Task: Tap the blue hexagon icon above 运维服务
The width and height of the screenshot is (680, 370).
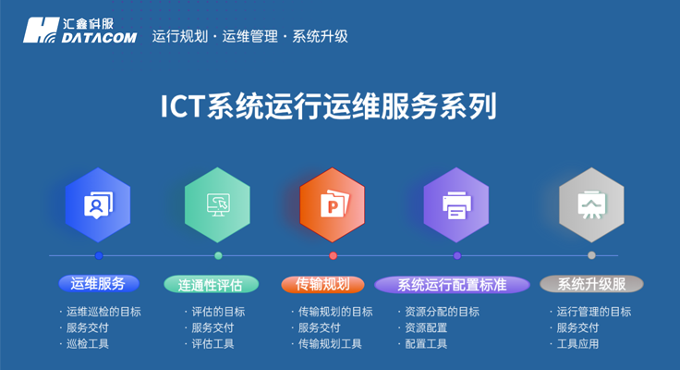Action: (98, 204)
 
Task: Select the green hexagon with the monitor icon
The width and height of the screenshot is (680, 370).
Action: (217, 204)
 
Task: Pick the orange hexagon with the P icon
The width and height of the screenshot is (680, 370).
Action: (333, 204)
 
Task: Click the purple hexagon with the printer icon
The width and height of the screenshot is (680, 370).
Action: (456, 204)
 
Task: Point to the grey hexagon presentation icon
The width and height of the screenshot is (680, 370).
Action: (591, 204)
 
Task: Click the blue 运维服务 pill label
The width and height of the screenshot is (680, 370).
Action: (98, 284)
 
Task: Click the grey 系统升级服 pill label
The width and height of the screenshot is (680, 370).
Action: (591, 284)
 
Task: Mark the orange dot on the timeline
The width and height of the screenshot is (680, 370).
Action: (334, 255)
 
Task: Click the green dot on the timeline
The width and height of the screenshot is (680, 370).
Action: (218, 255)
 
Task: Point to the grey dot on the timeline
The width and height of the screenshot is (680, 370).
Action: (591, 255)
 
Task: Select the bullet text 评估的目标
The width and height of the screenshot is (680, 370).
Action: (218, 312)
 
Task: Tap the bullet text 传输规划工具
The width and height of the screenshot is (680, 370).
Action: (330, 344)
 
